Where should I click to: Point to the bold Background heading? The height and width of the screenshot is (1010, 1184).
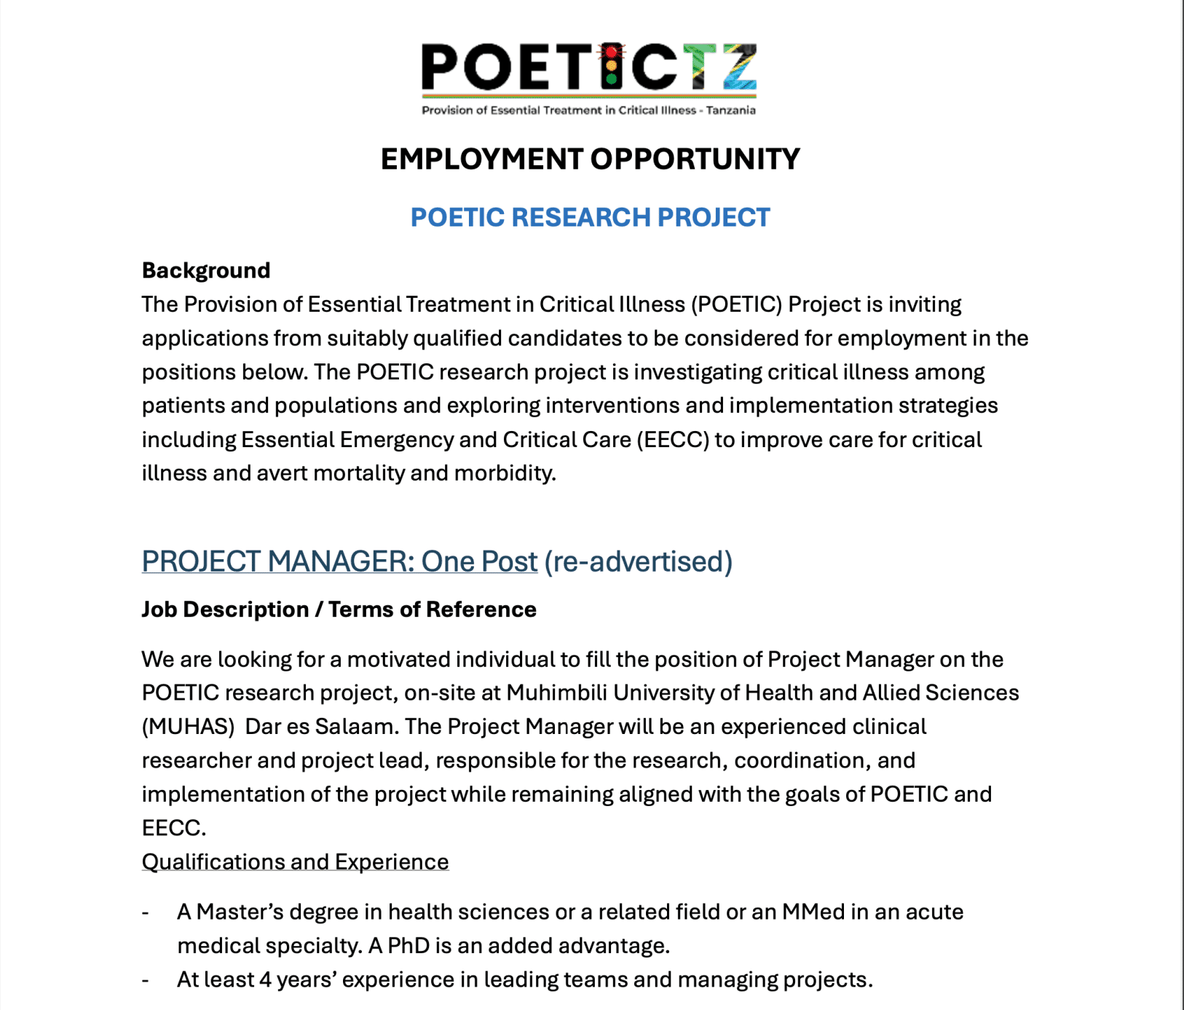tap(206, 270)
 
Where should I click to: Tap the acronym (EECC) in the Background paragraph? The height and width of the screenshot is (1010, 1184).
tap(673, 440)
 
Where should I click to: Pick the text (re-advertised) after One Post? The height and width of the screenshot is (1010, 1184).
tap(638, 561)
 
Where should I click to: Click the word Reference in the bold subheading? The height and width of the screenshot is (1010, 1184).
tap(481, 609)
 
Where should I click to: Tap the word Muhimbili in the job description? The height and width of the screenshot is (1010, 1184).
tap(557, 693)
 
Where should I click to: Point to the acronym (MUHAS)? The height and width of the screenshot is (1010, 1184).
tap(188, 727)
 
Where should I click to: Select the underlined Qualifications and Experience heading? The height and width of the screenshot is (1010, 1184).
tap(295, 862)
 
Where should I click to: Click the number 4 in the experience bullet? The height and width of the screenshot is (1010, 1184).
tap(265, 980)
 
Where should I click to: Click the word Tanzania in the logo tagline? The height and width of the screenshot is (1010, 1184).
tap(730, 111)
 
